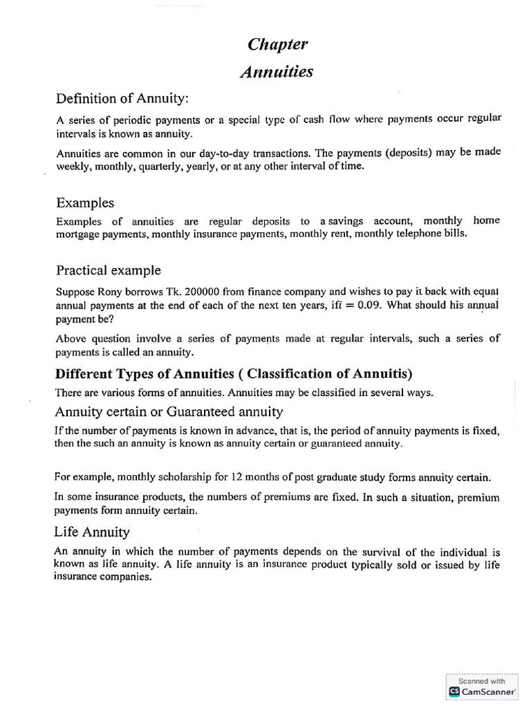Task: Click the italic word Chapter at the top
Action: (277, 45)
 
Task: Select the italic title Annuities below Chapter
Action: (277, 72)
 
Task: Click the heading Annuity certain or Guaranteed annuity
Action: (169, 411)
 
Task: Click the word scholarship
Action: (172, 477)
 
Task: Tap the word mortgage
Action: (77, 234)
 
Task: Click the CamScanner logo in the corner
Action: (454, 691)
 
